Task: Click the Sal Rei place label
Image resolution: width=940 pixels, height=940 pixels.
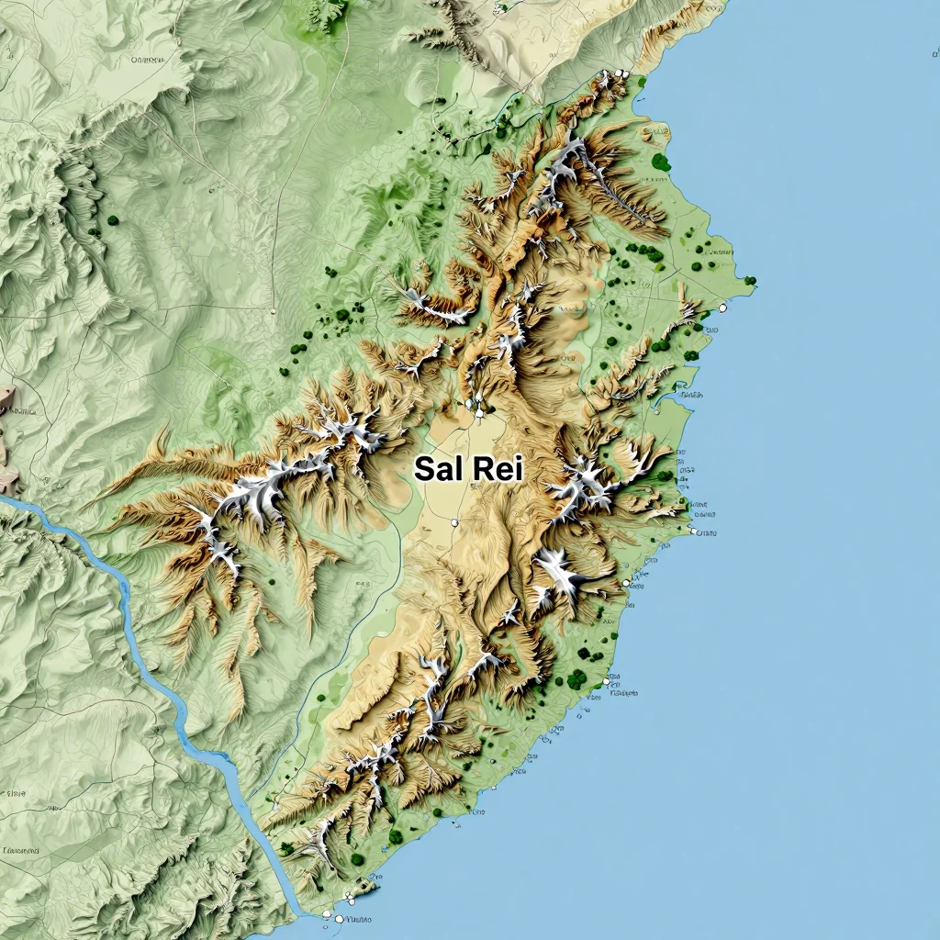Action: coord(468,469)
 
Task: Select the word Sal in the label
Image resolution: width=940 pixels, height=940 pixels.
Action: coord(439,469)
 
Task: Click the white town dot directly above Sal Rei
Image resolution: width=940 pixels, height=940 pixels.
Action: coord(478,413)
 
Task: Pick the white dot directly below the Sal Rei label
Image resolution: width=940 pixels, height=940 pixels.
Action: coord(454,522)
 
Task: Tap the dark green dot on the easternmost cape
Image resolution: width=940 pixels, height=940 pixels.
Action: coord(750,280)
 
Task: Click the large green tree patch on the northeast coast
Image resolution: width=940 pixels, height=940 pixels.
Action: coord(660,162)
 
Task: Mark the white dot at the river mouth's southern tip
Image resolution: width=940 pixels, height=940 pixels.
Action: coord(339,918)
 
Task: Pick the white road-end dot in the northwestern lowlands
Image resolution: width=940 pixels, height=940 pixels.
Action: coord(273,311)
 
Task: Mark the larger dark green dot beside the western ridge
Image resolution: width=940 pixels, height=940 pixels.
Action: coord(112,220)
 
